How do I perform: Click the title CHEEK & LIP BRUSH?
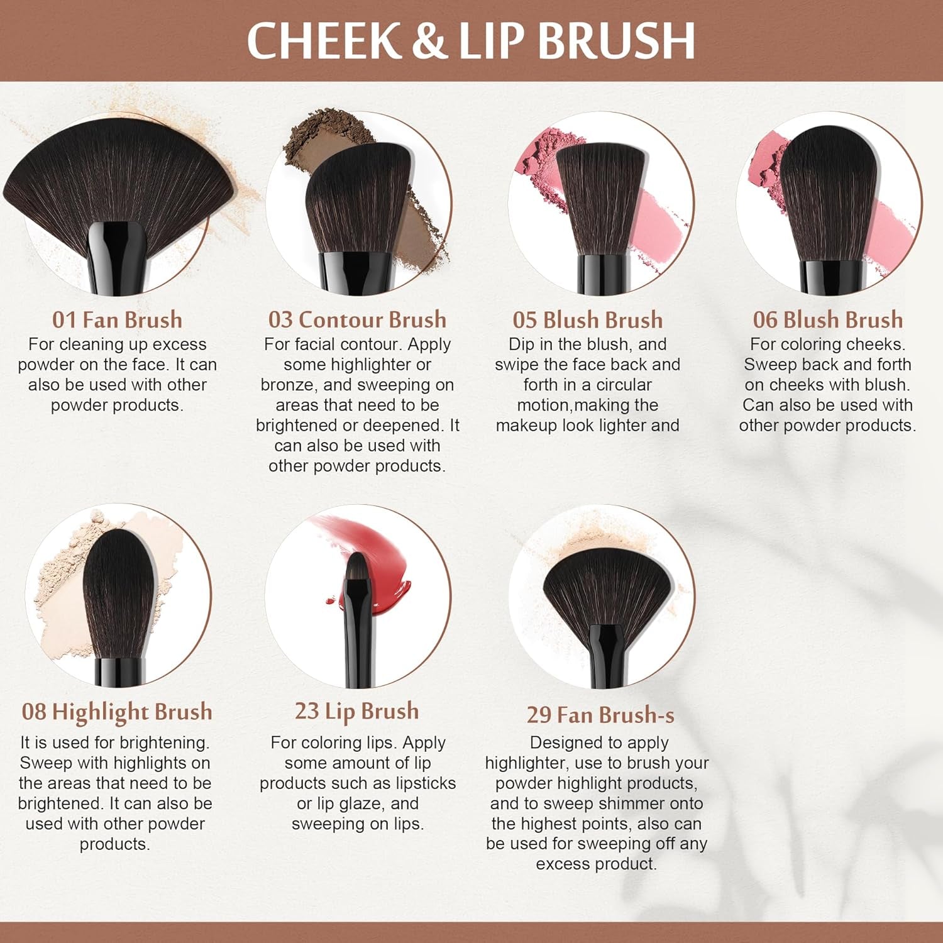tap(471, 40)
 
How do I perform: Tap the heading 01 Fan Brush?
tap(117, 319)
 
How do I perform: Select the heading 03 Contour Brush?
tap(357, 319)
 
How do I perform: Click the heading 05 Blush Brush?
tap(587, 319)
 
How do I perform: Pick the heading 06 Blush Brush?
tap(827, 319)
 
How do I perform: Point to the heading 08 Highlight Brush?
tap(117, 712)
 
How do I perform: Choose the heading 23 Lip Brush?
tap(357, 711)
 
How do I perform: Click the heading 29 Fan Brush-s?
tap(600, 715)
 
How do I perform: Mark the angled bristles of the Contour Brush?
tap(358, 201)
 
